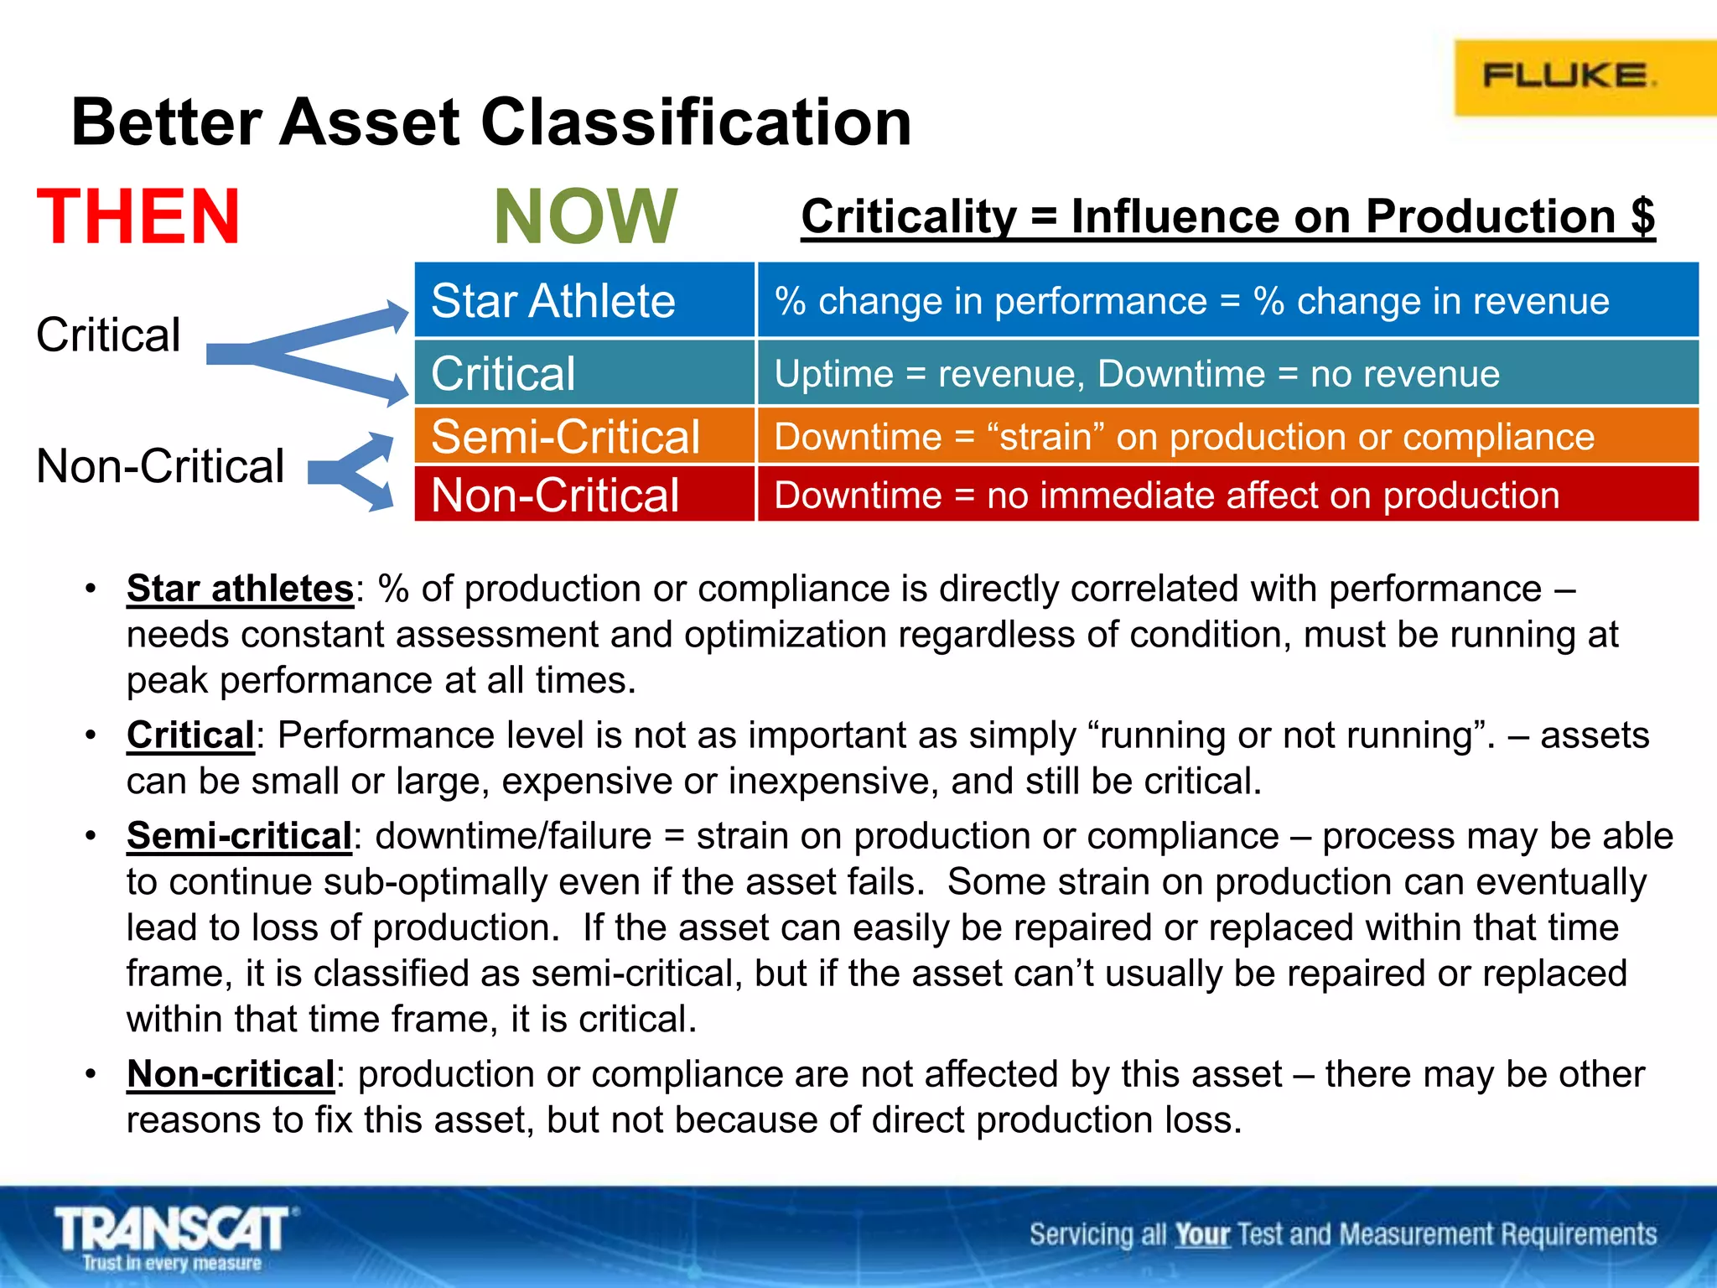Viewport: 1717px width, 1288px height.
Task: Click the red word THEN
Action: click(x=139, y=216)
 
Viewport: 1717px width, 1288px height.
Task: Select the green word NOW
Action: click(x=585, y=216)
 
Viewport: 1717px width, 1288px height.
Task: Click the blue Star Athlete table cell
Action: click(x=584, y=300)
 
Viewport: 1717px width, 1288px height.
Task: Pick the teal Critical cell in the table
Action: click(x=584, y=373)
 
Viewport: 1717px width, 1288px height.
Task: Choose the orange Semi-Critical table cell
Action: click(x=584, y=436)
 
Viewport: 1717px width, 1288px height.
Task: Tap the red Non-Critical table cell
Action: click(x=584, y=495)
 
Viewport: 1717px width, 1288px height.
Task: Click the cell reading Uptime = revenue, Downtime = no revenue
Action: click(x=1227, y=373)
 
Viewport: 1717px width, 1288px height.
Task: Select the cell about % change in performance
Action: click(x=1227, y=300)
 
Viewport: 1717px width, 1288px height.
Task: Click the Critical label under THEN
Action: click(x=108, y=335)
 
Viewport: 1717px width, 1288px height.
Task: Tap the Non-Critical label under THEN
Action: click(x=160, y=465)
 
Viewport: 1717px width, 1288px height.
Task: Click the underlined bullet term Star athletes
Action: click(x=240, y=588)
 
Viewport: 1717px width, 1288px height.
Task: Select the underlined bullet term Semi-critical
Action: click(x=239, y=835)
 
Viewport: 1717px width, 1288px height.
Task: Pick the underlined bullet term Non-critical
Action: click(x=231, y=1073)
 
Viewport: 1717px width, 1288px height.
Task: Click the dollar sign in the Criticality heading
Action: click(x=1642, y=216)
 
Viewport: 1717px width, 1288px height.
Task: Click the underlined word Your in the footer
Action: click(x=1201, y=1234)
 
